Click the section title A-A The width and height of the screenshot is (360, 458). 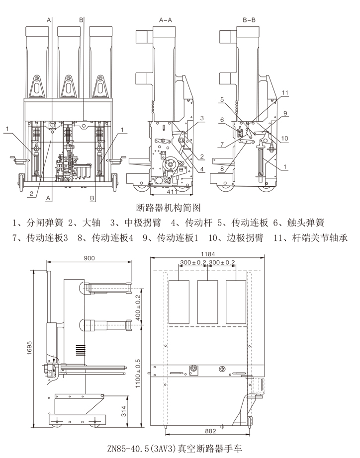click(x=165, y=20)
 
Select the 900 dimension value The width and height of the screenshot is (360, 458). click(x=89, y=258)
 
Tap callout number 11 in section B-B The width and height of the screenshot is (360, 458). click(x=285, y=93)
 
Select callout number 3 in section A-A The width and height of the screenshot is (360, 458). click(x=202, y=118)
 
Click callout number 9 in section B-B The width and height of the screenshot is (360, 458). click(x=285, y=114)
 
